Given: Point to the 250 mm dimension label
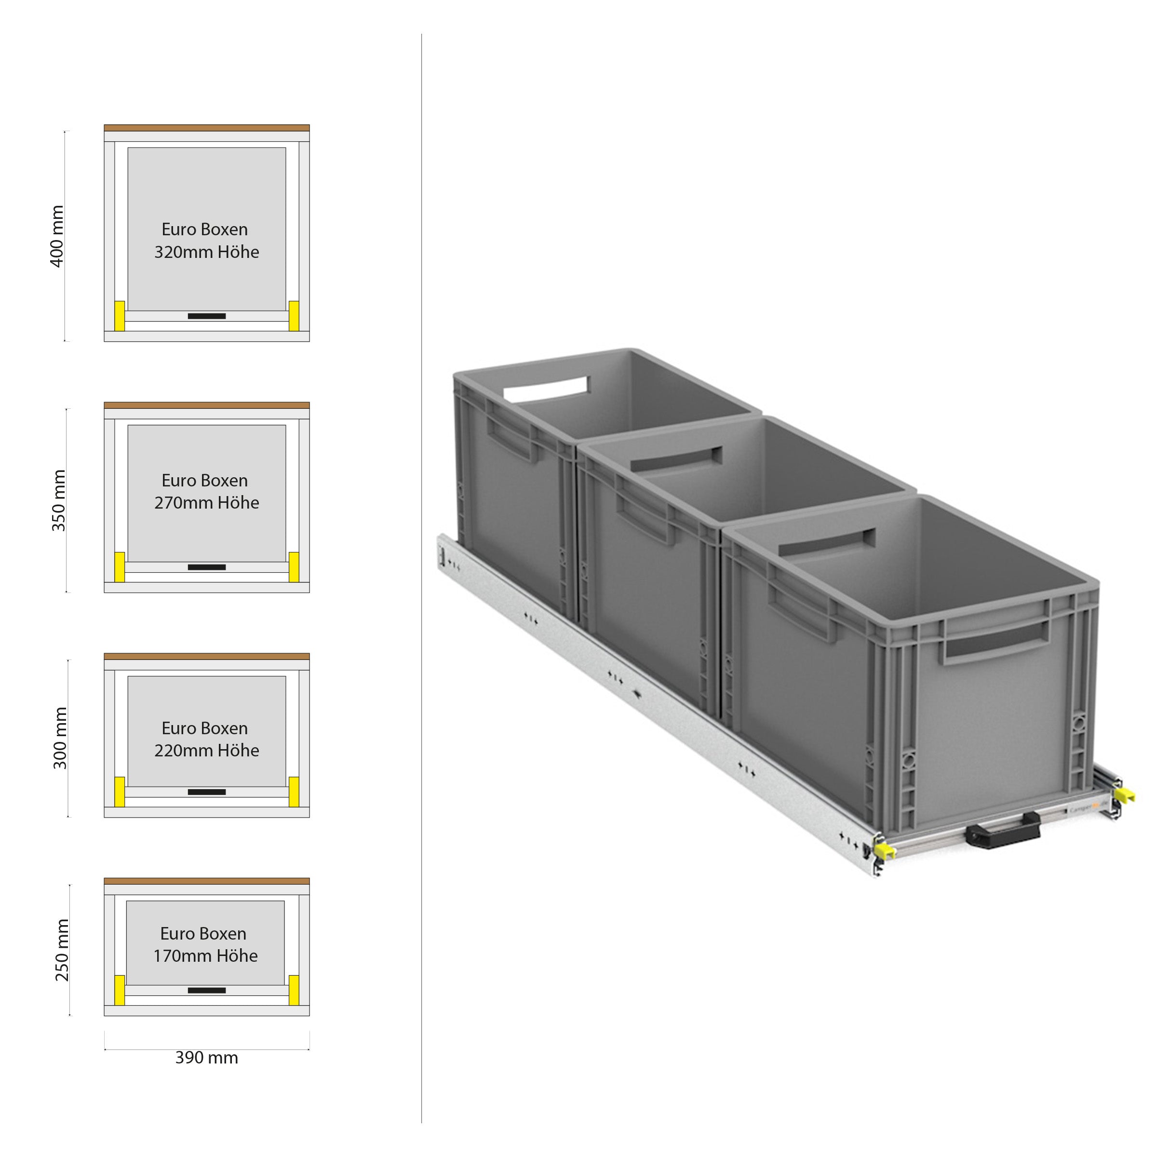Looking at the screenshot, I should point(62,950).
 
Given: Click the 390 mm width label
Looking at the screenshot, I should point(207,1058).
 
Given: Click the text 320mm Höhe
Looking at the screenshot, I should point(207,252).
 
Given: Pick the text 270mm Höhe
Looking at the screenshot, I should point(207,503).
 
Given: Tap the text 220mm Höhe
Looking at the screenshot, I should point(207,751).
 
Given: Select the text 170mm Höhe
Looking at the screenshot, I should point(205,956).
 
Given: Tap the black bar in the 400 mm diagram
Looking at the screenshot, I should point(207,316).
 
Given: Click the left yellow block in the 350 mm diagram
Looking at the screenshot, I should point(120,566).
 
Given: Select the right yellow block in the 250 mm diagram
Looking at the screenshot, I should point(294,990).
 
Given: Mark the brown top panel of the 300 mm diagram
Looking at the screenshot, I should point(207,656).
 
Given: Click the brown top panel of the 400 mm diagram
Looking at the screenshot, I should point(207,128).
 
